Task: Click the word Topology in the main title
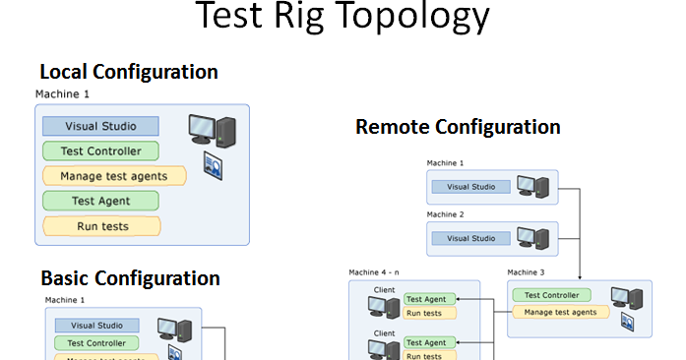[412, 17]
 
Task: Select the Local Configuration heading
[128, 72]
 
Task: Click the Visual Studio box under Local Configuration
[101, 126]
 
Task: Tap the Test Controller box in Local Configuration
[100, 151]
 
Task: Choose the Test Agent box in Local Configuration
[100, 201]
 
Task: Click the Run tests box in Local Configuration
[101, 226]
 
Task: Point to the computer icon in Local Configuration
[212, 130]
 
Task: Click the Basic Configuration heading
[130, 278]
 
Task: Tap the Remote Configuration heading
[458, 127]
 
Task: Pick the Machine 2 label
[445, 213]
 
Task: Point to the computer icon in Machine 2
[531, 236]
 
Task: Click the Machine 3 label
[526, 271]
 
